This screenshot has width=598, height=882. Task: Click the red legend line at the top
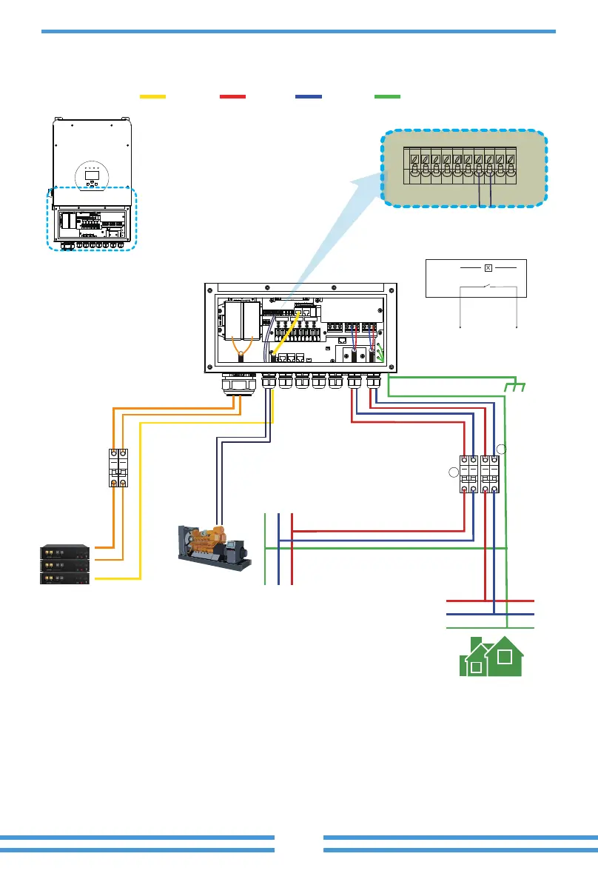232,96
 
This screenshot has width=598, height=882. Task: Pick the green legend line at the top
387,96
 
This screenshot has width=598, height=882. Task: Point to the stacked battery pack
65,564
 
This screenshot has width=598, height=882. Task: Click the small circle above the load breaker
501,448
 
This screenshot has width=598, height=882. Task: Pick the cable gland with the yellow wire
269,382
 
